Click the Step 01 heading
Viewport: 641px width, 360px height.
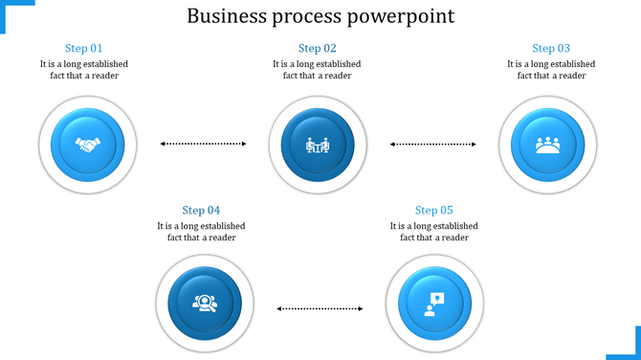[x=84, y=48]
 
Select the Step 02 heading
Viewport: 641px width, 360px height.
[x=317, y=48]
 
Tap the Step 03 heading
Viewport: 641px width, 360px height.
[x=551, y=48]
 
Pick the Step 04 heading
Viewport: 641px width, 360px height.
[x=201, y=210]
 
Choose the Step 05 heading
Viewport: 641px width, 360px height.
[x=433, y=210]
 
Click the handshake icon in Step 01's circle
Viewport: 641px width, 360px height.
[x=88, y=146]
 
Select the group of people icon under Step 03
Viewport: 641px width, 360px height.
[x=547, y=146]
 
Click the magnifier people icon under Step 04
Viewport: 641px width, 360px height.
[x=203, y=304]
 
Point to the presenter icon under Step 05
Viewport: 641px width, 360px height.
[x=433, y=304]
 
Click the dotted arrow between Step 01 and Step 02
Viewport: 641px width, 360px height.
[x=203, y=145]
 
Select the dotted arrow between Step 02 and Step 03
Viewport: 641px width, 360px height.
[x=433, y=145]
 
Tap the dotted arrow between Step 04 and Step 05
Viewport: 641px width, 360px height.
[x=320, y=308]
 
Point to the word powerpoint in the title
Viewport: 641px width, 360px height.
[x=402, y=17]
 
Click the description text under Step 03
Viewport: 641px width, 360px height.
[x=551, y=70]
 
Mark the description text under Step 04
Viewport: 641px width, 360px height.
[x=201, y=232]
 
